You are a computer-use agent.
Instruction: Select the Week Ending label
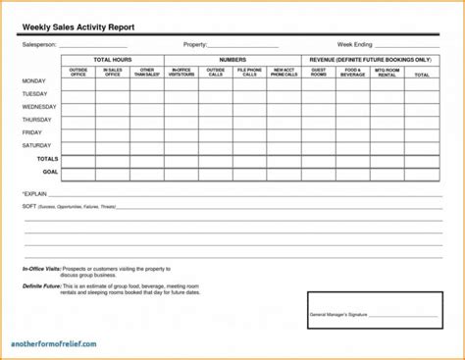[354, 45]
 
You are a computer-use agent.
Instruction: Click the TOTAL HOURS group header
[114, 60]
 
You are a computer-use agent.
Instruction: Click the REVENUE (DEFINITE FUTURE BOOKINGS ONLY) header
[370, 60]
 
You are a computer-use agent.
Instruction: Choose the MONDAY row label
[33, 80]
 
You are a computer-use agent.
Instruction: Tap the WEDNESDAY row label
[39, 106]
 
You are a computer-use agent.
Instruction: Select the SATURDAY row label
[36, 145]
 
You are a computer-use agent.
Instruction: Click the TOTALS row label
[47, 158]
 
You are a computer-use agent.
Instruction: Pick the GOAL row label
[50, 171]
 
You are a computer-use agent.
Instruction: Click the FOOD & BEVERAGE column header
[352, 72]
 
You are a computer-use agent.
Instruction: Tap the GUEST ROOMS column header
[319, 72]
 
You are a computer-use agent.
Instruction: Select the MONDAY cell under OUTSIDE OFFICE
[79, 82]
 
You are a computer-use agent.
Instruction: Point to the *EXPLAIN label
[34, 194]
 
